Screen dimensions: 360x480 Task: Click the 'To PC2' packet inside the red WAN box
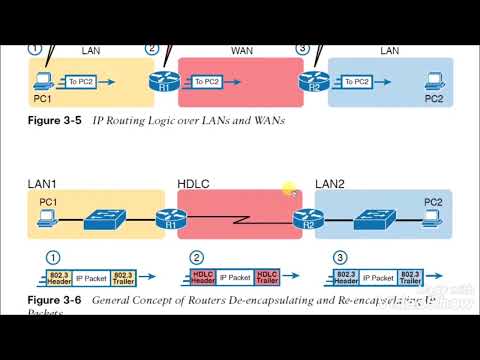(208, 81)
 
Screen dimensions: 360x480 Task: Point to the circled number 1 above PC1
(35, 48)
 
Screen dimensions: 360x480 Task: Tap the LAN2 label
(336, 183)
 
